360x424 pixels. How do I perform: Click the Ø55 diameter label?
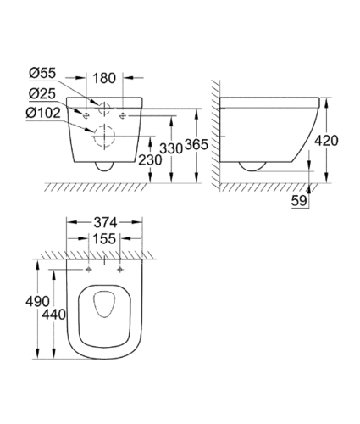pos(42,73)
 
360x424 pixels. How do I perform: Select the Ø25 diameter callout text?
pos(42,93)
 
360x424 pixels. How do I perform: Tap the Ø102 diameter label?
pos(43,113)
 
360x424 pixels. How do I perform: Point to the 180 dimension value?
pos(104,78)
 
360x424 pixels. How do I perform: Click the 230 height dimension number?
pos(150,160)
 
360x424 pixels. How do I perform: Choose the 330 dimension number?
pos(171,148)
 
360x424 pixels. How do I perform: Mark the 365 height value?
pos(197,145)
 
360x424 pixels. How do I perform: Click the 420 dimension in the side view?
pos(326,141)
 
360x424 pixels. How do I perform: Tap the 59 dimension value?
pos(299,201)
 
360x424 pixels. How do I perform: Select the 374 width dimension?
pos(105,223)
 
